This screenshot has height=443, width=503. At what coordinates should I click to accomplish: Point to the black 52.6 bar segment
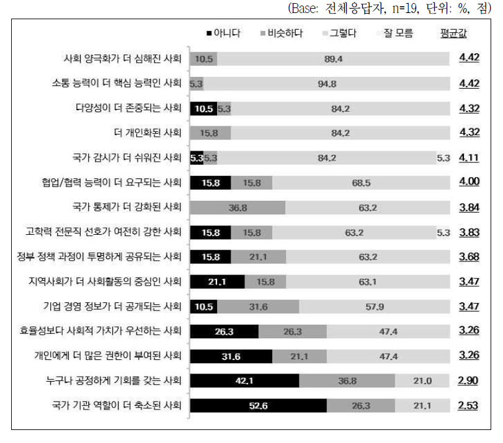point(258,406)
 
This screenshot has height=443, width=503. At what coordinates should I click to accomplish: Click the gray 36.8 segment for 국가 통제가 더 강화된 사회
point(238,208)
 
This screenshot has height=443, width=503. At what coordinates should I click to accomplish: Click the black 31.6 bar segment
point(231,356)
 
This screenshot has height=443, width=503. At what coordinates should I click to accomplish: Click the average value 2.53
point(468,406)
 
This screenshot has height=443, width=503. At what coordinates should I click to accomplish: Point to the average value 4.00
point(468,183)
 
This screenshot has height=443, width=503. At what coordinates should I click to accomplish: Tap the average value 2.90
point(468,381)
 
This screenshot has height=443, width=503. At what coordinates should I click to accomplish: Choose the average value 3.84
point(468,208)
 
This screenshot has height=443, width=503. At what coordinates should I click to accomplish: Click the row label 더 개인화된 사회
point(149,133)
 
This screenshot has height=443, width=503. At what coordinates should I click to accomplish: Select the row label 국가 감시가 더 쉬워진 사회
point(126,158)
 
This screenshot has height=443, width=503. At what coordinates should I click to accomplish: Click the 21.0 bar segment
point(422,381)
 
